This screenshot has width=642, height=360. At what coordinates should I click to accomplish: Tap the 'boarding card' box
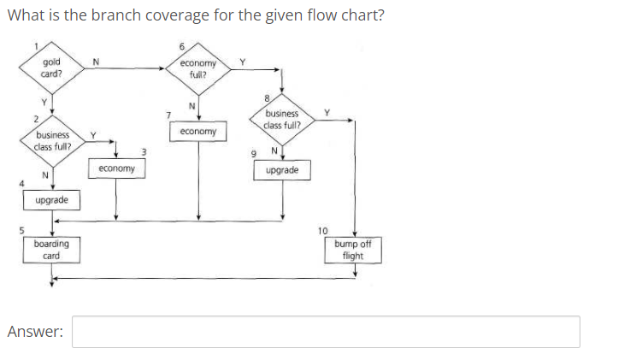tap(52, 250)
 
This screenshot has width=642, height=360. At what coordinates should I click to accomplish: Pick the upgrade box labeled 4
tap(52, 200)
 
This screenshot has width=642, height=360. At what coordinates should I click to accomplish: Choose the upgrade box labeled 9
tap(282, 171)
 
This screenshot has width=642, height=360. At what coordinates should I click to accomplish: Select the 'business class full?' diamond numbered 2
tap(52, 140)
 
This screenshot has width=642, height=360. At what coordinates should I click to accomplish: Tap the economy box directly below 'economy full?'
tap(198, 133)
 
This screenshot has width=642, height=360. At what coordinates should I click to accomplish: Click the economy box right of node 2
tap(116, 169)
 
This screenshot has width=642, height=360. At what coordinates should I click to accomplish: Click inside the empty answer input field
tap(325, 332)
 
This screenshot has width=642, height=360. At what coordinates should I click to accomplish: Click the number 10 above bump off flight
tap(322, 231)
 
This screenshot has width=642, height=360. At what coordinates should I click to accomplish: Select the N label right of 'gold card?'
tap(96, 60)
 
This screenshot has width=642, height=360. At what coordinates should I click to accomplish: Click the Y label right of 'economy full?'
tap(243, 61)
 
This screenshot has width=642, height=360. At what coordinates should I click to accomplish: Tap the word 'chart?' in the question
tap(360, 17)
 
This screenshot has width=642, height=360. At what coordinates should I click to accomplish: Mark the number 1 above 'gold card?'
tap(36, 46)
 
